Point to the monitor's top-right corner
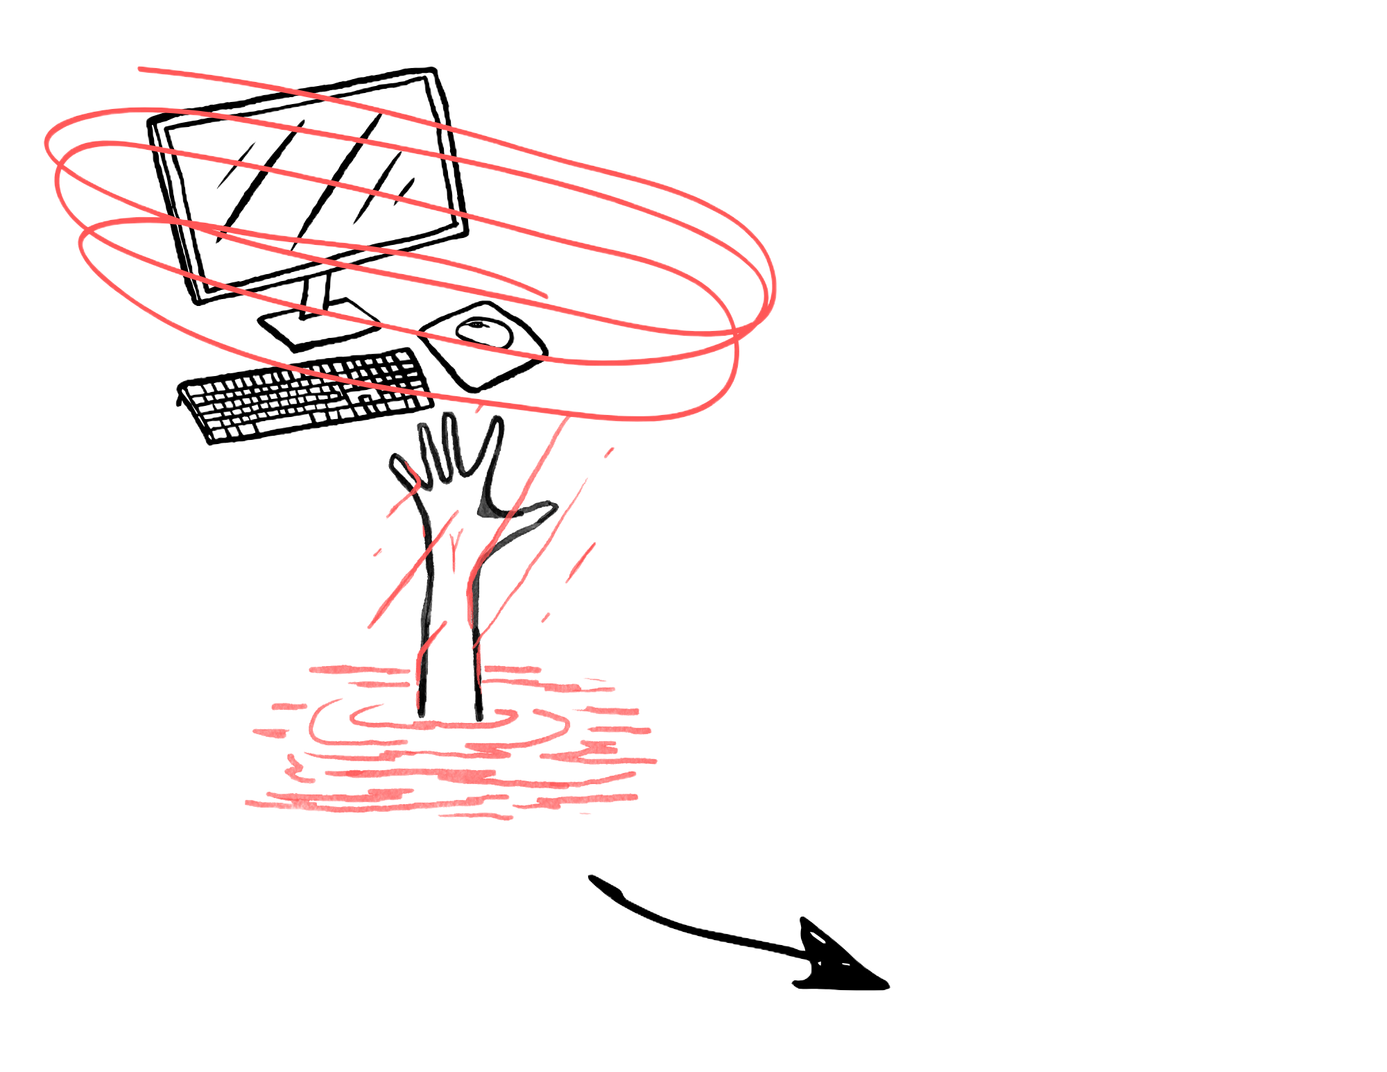436,69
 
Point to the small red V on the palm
454,541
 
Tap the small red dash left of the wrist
377,553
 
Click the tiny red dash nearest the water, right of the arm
546,617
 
